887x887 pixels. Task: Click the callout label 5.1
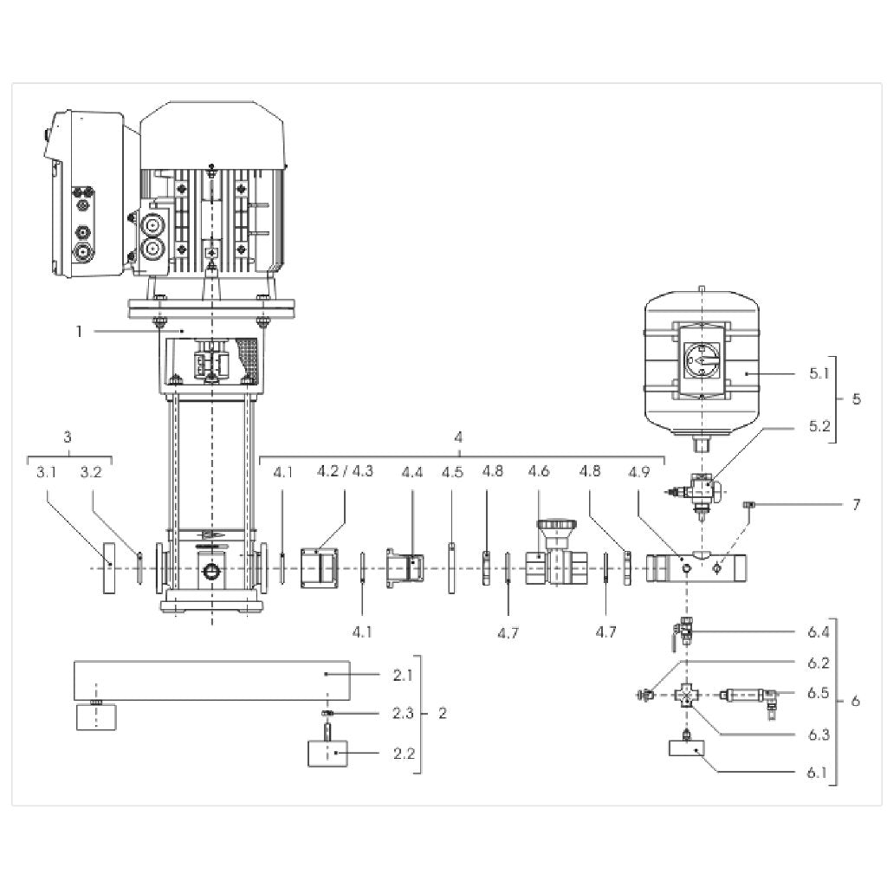point(819,373)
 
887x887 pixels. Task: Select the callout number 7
point(856,504)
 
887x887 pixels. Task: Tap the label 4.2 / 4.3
point(345,471)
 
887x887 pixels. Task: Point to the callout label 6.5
point(818,693)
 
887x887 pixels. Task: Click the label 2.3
point(403,714)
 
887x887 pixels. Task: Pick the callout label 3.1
point(47,472)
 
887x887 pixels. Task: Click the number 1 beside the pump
point(79,331)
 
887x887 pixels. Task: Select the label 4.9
point(638,472)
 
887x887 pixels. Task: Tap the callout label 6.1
point(817,773)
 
